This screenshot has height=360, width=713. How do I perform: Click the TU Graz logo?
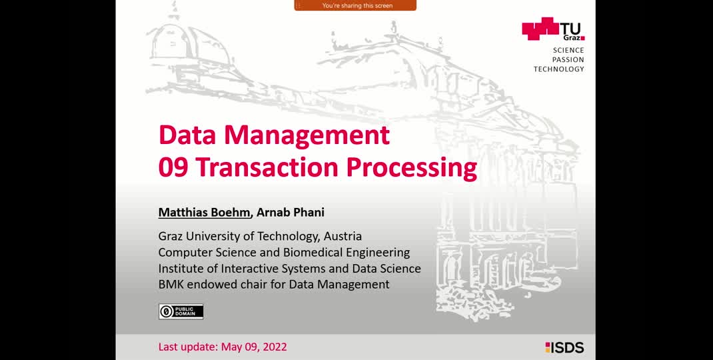tap(553, 29)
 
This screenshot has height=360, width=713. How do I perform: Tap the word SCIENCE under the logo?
tap(568, 50)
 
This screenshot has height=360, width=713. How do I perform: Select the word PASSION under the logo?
tap(568, 59)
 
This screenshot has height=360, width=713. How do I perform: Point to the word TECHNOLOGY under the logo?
tap(559, 69)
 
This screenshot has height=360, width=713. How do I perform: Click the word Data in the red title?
tap(188, 135)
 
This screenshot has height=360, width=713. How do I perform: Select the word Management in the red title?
tap(307, 136)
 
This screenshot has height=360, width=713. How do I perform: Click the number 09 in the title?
tap(173, 168)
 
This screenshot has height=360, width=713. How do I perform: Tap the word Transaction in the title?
tap(268, 168)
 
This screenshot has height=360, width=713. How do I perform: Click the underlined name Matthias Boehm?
tap(205, 213)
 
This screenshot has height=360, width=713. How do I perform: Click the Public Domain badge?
tap(181, 311)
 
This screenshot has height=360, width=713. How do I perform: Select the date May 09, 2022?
tap(254, 347)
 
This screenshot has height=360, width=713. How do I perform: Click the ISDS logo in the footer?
tap(564, 348)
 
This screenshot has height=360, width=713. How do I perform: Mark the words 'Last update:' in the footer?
tap(189, 347)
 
